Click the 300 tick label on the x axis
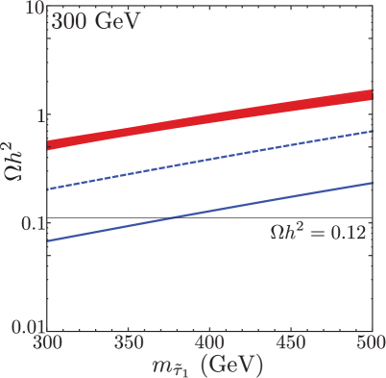(45, 341)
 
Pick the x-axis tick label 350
(127, 341)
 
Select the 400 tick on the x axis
(208, 341)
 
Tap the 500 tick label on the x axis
(369, 341)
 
